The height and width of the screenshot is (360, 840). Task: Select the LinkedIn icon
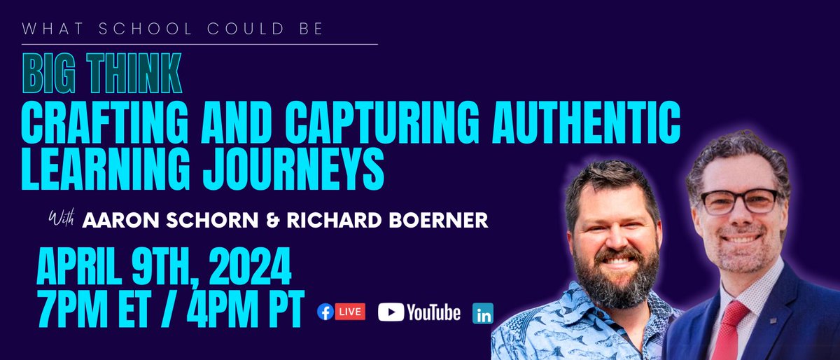click(x=482, y=313)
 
